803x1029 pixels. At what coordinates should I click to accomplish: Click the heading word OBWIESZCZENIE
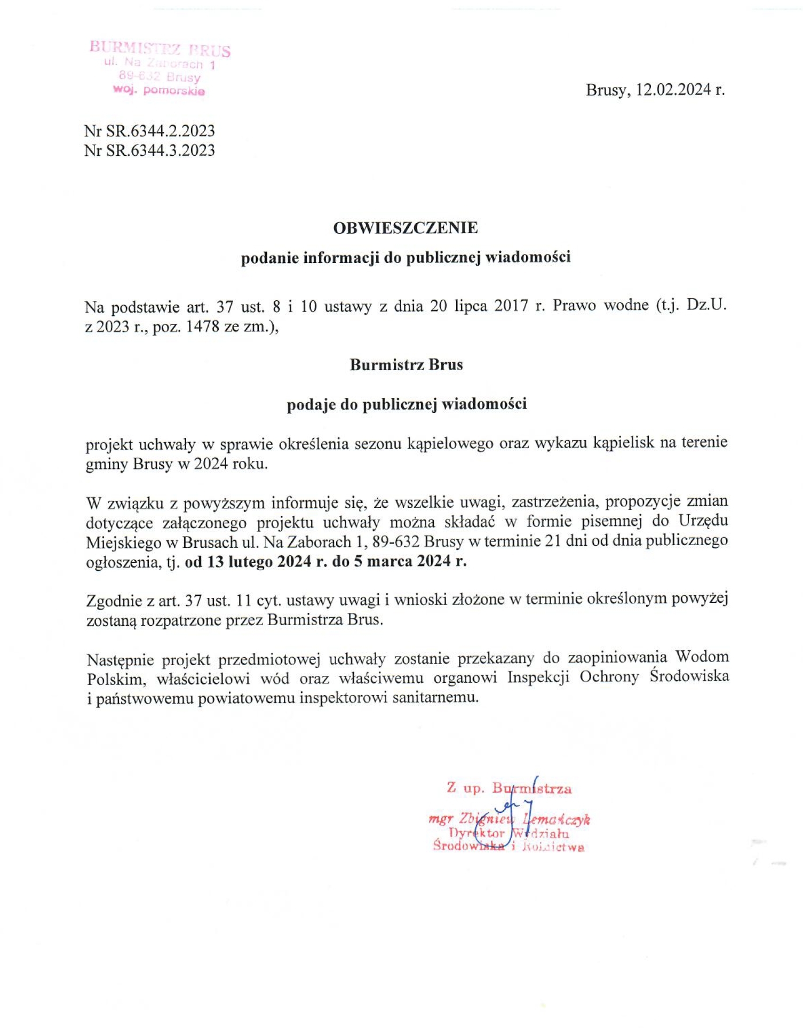pos(405,228)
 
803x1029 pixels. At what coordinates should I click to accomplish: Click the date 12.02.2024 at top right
pos(674,90)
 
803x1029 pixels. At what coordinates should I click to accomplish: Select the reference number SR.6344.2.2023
pos(160,131)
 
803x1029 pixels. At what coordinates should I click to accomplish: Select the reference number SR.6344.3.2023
pos(160,150)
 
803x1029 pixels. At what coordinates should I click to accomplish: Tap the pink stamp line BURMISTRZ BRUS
pos(160,49)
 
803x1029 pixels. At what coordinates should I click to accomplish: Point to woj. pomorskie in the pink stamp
pos(158,91)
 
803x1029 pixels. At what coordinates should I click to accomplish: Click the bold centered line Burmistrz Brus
pos(406,365)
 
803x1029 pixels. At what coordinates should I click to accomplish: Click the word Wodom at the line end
pos(702,657)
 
